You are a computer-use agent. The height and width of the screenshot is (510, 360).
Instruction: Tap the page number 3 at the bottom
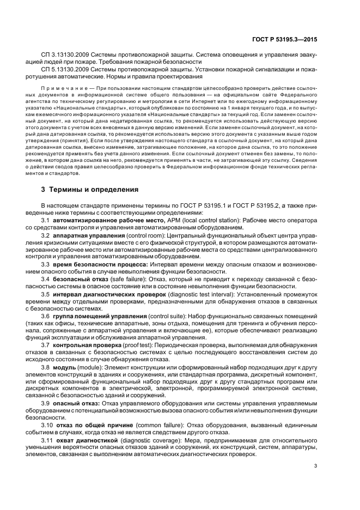click(315, 481)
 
